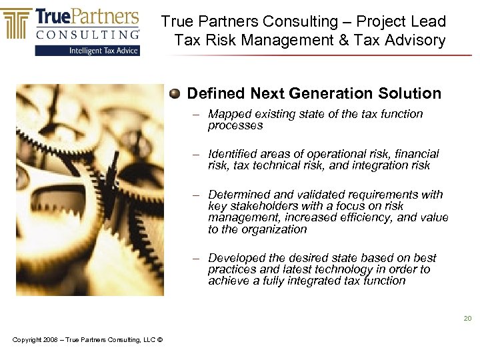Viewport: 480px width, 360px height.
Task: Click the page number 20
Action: point(468,319)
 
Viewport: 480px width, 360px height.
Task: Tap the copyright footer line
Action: point(87,341)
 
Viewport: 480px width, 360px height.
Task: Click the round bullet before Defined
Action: point(175,94)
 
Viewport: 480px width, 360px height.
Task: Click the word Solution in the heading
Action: point(413,93)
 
